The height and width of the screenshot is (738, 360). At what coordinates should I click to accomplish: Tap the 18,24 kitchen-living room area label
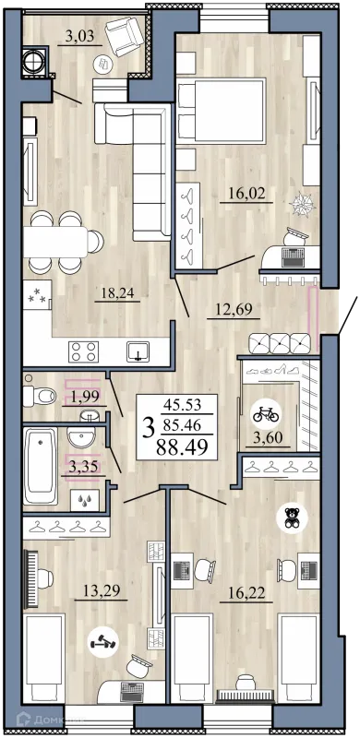[x=117, y=293]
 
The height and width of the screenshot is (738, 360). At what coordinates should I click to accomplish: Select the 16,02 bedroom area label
[x=246, y=193]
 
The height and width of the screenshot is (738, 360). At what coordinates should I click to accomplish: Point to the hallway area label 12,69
[x=234, y=309]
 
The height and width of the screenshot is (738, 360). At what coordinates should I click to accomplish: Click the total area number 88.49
[x=183, y=446]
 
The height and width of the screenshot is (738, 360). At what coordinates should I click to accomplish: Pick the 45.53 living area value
[x=182, y=404]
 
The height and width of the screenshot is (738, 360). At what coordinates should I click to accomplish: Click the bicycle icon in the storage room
[x=266, y=415]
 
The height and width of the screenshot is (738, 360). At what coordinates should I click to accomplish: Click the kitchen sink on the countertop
[x=138, y=351]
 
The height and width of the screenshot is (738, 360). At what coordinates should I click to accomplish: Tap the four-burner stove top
[x=83, y=351]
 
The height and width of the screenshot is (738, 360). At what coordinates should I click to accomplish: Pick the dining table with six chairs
[x=63, y=242]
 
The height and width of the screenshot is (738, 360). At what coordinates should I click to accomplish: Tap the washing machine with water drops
[x=85, y=500]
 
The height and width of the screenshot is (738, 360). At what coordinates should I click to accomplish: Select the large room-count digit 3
[x=149, y=428]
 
